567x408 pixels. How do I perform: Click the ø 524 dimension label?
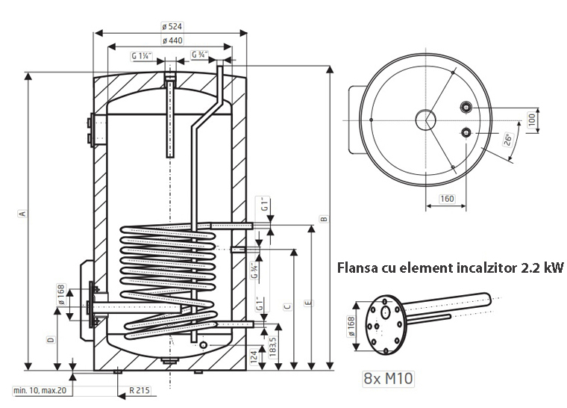tap(172, 25)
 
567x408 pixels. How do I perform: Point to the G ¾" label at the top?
tap(199, 55)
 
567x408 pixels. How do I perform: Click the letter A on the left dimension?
tap(23, 214)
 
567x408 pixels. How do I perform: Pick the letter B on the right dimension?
tap(323, 219)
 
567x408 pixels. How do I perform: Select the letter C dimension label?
tap(286, 306)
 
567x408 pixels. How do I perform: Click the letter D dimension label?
tap(51, 340)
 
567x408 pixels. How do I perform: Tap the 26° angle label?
tap(508, 139)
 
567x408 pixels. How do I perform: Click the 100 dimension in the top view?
tap(533, 120)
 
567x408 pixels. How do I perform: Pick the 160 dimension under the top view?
tap(446, 199)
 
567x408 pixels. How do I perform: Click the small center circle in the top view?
tap(426, 120)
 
